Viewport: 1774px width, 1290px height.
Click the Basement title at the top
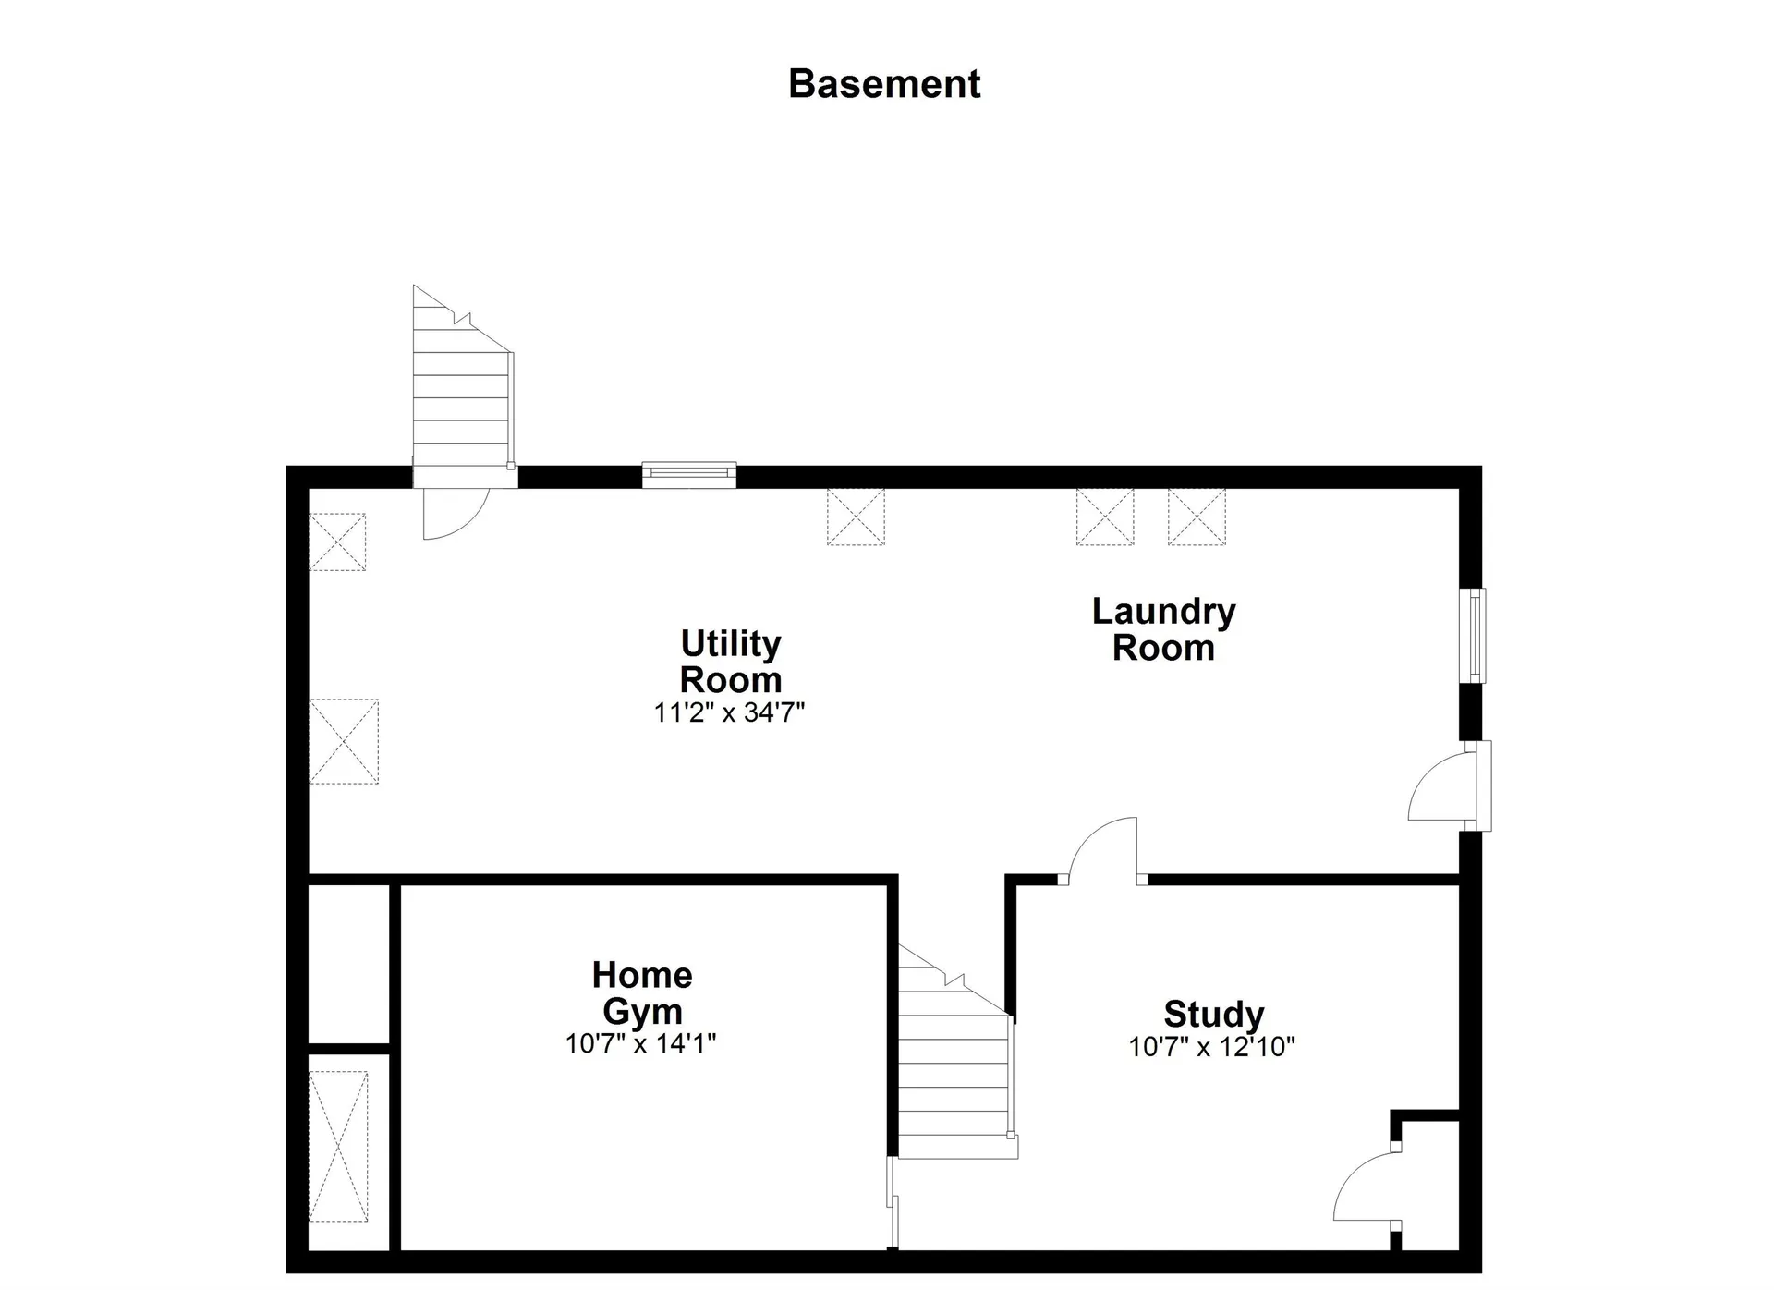click(884, 84)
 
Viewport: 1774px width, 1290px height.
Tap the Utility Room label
click(731, 661)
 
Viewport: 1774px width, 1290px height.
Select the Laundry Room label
click(1164, 629)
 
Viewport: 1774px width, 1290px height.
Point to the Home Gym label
click(642, 993)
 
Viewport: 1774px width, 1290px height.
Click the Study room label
click(1214, 1014)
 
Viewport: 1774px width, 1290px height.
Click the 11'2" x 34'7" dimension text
click(730, 712)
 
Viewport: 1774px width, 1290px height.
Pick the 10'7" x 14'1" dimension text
click(641, 1043)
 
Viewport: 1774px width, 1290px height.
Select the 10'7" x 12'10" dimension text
click(1212, 1046)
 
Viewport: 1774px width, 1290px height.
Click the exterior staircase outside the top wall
click(462, 384)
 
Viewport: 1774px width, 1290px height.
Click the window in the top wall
click(689, 475)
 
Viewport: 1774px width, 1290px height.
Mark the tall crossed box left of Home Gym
click(338, 1147)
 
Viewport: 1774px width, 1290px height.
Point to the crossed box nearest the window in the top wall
click(856, 517)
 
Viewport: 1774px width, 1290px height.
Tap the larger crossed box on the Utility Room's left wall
click(344, 741)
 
